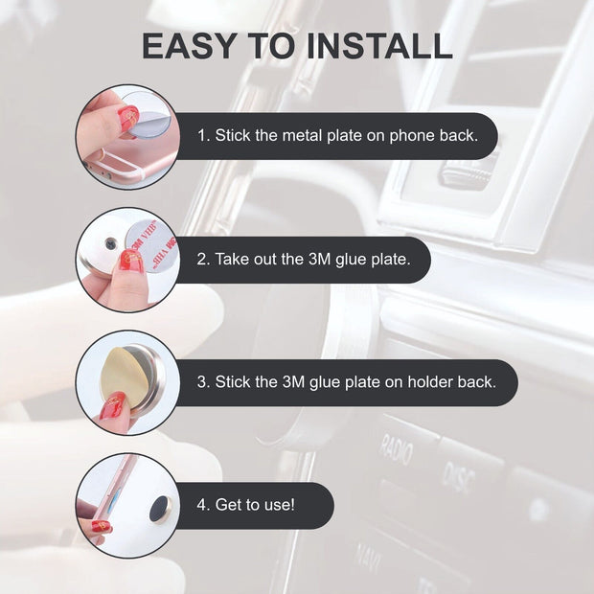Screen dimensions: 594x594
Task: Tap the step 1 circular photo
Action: pyautogui.click(x=127, y=136)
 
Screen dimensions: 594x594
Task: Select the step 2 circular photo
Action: pyautogui.click(x=127, y=260)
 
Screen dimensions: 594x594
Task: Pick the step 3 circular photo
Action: pyautogui.click(x=127, y=382)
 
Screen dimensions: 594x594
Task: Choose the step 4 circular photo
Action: pyautogui.click(x=127, y=505)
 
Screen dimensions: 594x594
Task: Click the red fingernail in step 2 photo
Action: pyautogui.click(x=131, y=262)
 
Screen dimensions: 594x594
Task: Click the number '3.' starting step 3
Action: pyautogui.click(x=203, y=382)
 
